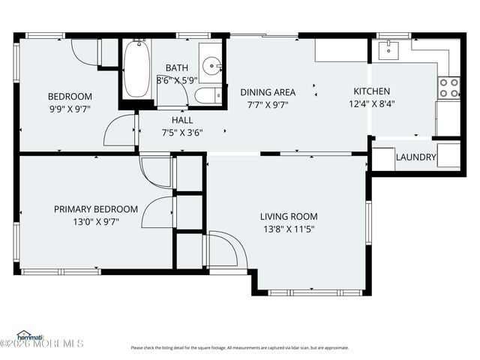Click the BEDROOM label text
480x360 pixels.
pos(70,97)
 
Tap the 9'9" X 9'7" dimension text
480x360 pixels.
pos(70,109)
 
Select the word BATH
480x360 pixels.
pos(177,68)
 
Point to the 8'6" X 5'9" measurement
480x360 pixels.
pos(176,79)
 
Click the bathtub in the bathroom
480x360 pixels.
pos(136,70)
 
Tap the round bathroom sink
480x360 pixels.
pos(212,67)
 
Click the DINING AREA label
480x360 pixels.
pos(268,92)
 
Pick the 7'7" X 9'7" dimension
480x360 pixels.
pos(268,104)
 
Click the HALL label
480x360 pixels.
pos(182,120)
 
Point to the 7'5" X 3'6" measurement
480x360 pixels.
pos(182,132)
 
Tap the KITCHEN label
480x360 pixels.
pos(372,92)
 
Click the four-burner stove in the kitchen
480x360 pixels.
pos(448,88)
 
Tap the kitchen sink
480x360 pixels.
pos(389,49)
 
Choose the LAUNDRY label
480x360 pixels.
pos(415,157)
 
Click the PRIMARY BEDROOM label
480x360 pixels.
pos(96,209)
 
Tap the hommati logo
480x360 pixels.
pos(30,335)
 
